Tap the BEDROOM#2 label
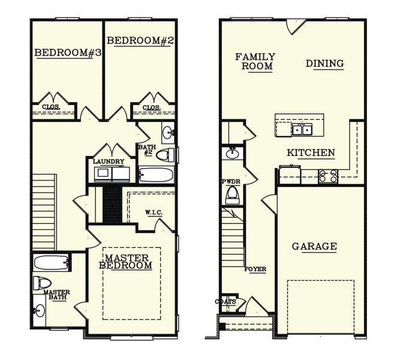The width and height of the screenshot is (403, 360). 140,41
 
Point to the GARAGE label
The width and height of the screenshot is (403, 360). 314,246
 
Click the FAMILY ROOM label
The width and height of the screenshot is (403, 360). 254,62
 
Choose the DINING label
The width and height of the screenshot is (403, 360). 324,64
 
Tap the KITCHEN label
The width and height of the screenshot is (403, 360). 311,153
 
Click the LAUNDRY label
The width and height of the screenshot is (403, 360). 109,161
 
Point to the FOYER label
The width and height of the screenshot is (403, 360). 255,269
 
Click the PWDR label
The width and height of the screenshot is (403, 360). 231,181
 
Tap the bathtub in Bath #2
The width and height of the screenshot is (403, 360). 155,175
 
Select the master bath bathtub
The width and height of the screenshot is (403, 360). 52,263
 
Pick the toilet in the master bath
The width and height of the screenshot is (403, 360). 42,283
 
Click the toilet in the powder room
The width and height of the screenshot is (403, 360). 232,195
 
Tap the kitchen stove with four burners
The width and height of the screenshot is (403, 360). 328,176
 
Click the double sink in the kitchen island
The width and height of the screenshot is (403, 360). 302,129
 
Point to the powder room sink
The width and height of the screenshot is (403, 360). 231,154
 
